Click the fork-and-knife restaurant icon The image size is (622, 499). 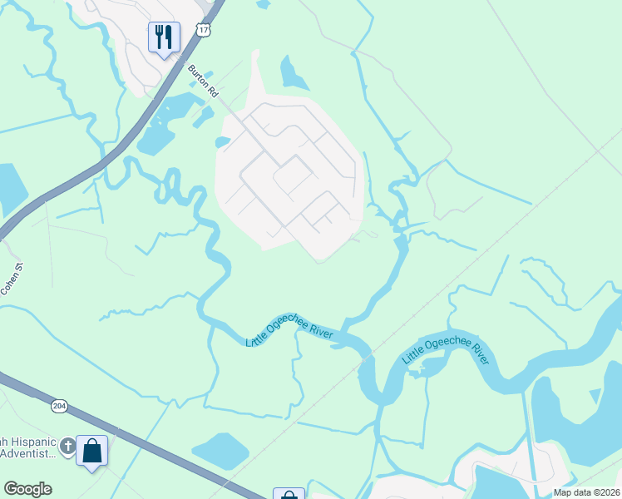click(164, 37)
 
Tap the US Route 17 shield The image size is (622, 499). click(204, 30)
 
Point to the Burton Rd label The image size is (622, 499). click(203, 81)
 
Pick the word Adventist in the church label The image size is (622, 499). click(28, 453)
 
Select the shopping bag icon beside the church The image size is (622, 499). click(92, 452)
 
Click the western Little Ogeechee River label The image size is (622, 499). click(289, 327)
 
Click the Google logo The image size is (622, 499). click(27, 489)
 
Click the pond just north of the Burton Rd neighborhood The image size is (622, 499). click(294, 74)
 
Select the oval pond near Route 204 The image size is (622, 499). click(220, 451)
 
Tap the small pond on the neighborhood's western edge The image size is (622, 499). click(222, 142)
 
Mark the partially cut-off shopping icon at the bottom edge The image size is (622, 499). click(289, 494)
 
